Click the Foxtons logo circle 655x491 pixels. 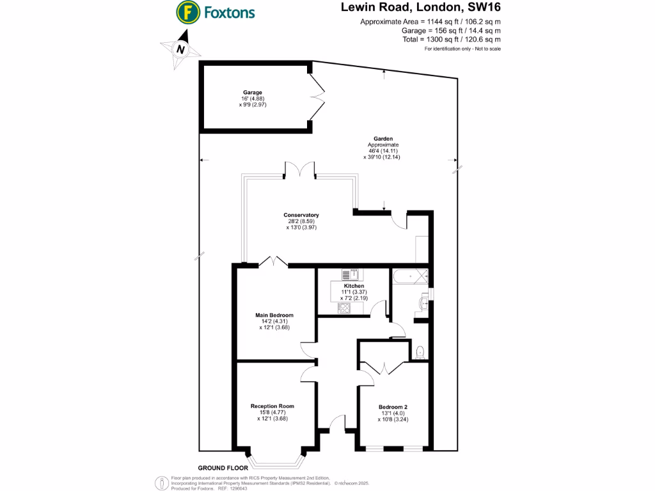click(x=187, y=12)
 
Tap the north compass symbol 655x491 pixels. click(x=180, y=49)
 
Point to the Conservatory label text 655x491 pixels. click(x=301, y=215)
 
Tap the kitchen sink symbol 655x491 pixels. click(x=349, y=275)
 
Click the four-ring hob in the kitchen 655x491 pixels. click(x=343, y=308)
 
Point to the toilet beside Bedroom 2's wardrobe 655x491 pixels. click(x=419, y=352)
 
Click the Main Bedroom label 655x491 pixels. click(x=274, y=315)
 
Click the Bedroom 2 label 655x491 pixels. click(x=393, y=407)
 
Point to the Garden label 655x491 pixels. click(x=383, y=138)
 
